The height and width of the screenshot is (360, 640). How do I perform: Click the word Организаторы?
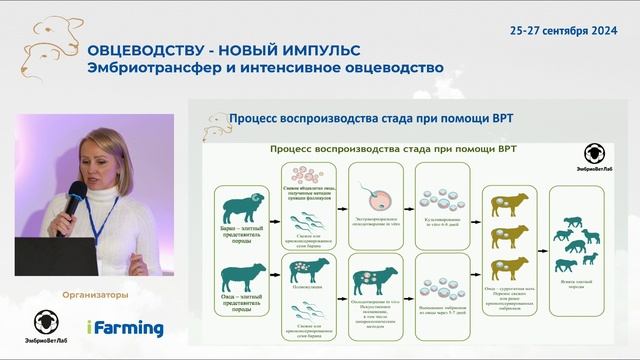96,295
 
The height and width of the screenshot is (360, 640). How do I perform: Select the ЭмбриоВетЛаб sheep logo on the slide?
596,159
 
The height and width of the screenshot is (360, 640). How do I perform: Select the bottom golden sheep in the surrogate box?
506,268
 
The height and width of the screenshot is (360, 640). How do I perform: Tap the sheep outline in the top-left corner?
30,40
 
